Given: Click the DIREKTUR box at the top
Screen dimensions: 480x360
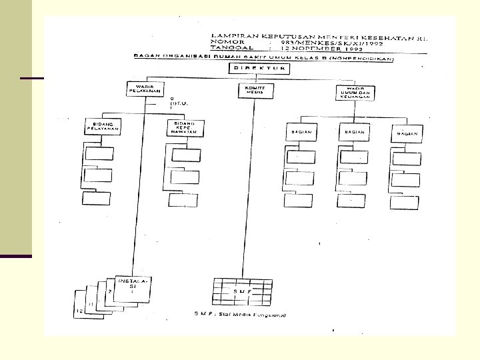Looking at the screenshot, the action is [x=259, y=69].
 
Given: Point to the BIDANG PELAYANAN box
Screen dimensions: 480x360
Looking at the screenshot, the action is [x=101, y=127].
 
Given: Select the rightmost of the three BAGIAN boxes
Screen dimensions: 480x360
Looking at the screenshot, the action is [x=407, y=133].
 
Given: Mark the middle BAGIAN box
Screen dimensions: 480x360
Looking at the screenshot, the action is [x=353, y=133].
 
